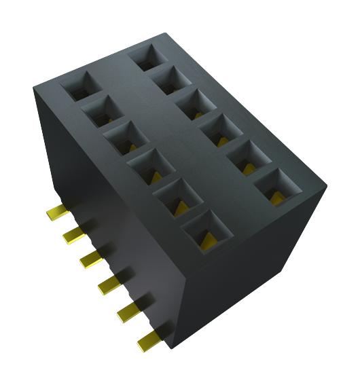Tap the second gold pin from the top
click(x=72, y=235)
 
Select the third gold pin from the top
click(x=90, y=259)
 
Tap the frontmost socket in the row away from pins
click(x=276, y=187)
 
